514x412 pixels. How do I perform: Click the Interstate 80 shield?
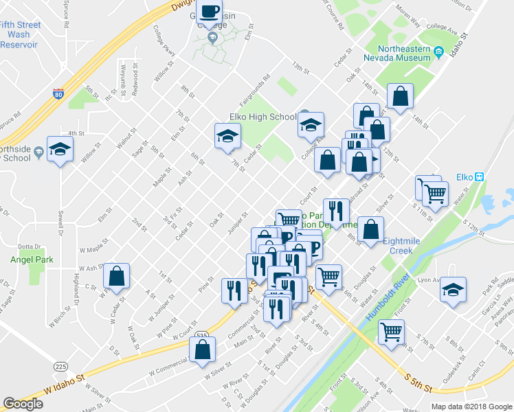click(x=58, y=94)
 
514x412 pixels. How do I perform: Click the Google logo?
click(x=23, y=404)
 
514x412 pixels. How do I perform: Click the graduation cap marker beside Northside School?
click(x=60, y=149)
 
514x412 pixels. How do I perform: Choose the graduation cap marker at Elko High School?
click(x=311, y=124)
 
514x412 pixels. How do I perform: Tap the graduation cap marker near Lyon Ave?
click(x=453, y=289)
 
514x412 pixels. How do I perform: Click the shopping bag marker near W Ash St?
click(x=118, y=276)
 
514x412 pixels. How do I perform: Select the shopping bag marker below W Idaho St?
click(x=203, y=351)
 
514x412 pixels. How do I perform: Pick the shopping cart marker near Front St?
click(x=391, y=332)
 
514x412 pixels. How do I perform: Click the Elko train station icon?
click(x=480, y=176)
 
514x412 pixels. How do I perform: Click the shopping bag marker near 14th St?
click(x=400, y=97)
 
